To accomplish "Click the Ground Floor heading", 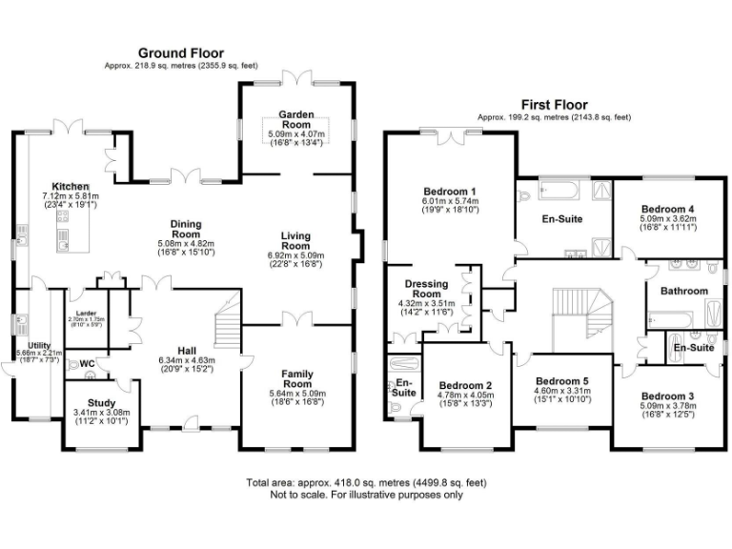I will (x=182, y=52).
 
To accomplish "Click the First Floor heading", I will (x=553, y=104).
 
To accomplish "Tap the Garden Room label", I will (x=295, y=119).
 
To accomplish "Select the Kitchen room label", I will (x=71, y=186).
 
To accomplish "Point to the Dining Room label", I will (x=185, y=229).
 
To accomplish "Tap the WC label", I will (x=87, y=363).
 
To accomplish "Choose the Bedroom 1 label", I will (x=452, y=190).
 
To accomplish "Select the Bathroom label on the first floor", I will (x=684, y=291).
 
